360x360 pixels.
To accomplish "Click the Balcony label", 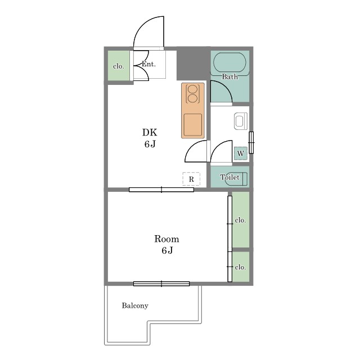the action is [135, 305].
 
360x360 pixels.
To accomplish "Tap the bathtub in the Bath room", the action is [229, 63].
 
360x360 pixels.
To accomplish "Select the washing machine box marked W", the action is [241, 153].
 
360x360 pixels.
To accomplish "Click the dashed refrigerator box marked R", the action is [191, 179].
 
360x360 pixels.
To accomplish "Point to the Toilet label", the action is [230, 177].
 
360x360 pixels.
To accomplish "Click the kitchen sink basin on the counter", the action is [193, 124].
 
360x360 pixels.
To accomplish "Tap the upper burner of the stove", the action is [192, 89].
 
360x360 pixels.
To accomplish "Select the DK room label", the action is [150, 133].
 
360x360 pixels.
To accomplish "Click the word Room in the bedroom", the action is [166, 239].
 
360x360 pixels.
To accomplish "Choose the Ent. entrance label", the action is [148, 64].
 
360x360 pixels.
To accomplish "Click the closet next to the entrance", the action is [119, 66].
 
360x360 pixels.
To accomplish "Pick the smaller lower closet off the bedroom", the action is [241, 267].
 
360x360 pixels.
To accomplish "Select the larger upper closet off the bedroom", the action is [241, 220].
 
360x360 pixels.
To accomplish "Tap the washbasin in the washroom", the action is [241, 121].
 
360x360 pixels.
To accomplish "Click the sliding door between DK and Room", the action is [161, 190].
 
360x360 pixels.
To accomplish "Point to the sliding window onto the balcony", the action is [161, 283].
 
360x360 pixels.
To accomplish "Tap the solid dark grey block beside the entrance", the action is [193, 64].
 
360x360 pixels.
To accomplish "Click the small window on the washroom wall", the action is [251, 142].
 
